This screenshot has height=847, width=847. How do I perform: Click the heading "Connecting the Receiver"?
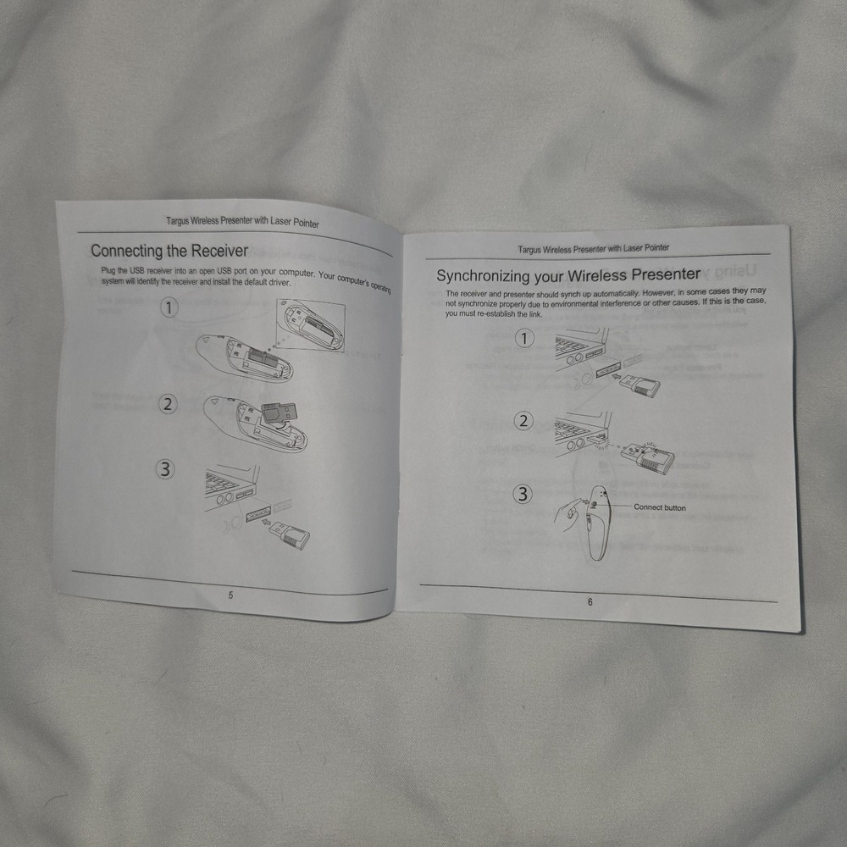tap(169, 252)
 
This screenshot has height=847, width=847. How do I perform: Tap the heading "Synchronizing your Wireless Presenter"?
tap(568, 275)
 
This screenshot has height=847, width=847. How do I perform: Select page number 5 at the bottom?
tap(230, 595)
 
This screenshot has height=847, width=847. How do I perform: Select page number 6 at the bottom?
tap(590, 601)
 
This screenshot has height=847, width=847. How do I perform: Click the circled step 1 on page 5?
tap(169, 308)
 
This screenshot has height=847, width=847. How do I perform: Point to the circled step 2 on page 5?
tap(168, 404)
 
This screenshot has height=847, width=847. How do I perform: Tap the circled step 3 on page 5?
tap(165, 468)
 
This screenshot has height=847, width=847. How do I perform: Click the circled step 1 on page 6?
tap(524, 340)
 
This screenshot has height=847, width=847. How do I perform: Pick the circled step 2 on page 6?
tap(523, 421)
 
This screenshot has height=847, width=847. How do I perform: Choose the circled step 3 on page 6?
tap(523, 494)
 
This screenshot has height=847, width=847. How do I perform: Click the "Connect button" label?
tap(660, 507)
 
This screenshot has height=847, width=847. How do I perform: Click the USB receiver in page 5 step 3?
tap(290, 534)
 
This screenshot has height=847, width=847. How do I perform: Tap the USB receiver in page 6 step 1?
tap(640, 384)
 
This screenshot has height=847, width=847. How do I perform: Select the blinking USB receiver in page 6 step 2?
tap(647, 457)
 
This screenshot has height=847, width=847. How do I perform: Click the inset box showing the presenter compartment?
tap(311, 325)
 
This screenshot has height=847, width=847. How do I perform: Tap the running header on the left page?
tap(242, 221)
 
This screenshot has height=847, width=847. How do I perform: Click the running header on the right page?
tap(593, 248)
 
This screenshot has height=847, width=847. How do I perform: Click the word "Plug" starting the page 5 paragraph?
tap(108, 270)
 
